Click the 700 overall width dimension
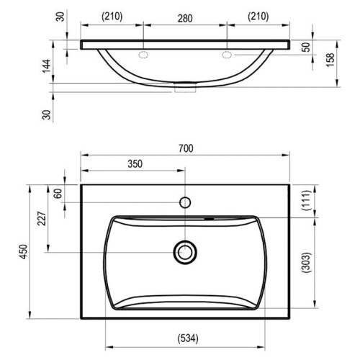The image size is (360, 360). (186, 148)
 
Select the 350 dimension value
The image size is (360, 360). (135, 164)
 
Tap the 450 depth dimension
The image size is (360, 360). (24, 251)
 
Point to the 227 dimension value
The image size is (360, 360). (42, 218)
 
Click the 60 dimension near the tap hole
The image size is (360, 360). (58, 194)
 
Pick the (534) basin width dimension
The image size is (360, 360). (188, 338)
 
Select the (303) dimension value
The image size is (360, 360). (307, 262)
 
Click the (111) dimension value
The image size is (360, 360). (307, 200)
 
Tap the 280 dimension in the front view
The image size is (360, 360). (185, 19)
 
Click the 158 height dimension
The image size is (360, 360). (330, 60)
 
